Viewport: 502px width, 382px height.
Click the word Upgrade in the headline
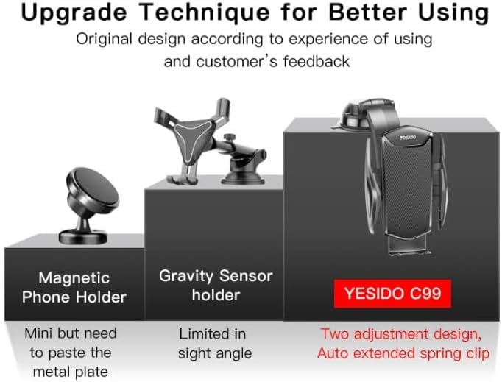coord(74,13)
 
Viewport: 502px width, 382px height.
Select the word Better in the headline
coord(367,13)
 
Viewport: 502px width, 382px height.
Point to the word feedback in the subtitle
coord(317,61)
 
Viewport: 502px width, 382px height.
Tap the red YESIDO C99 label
coord(392,294)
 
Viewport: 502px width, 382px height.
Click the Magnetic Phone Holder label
coord(74,287)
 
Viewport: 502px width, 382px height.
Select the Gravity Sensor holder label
coord(216,286)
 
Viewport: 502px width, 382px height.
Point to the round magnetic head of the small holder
coord(93,190)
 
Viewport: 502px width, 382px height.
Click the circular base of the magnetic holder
coord(83,237)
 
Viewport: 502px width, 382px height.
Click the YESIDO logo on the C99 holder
coord(408,138)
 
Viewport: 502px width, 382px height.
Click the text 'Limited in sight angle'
coord(215,344)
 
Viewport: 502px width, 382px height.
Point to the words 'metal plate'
coord(71,372)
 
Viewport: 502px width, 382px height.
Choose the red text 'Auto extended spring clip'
coord(403,354)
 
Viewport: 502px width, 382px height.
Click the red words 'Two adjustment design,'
coord(401,335)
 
